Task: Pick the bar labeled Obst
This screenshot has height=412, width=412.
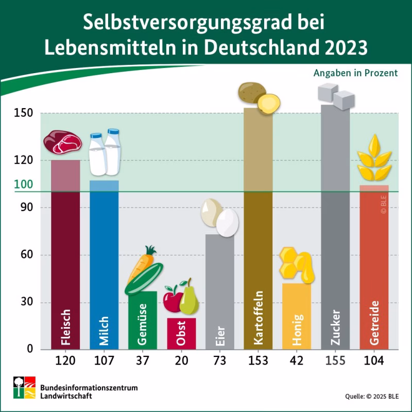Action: (181, 335)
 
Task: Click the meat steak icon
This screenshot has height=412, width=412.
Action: (62, 142)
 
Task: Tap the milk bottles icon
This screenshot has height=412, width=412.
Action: (105, 152)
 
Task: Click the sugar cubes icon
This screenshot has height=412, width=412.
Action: (335, 93)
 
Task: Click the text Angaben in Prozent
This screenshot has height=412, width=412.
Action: (355, 73)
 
